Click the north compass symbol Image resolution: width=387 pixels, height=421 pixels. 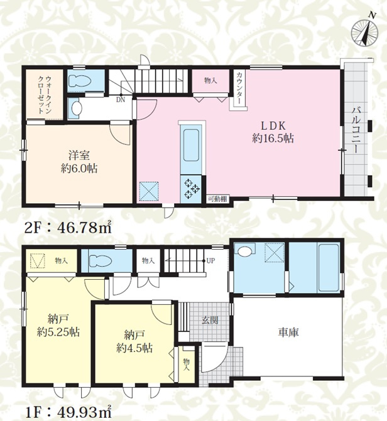click(364, 32)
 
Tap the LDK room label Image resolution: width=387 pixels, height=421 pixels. click(273, 132)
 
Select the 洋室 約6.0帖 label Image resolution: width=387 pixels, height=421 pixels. click(79, 162)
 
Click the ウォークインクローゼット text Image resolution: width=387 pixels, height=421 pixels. click(45, 95)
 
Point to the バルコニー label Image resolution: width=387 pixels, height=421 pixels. click(357, 130)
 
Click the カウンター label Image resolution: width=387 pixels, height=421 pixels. click(239, 88)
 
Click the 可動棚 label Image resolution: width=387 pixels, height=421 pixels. click(217, 199)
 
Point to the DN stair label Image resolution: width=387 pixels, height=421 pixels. click(121, 100)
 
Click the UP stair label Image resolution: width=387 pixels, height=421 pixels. click(211, 261)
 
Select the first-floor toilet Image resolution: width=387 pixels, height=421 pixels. click(100, 260)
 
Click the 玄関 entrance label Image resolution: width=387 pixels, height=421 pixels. click(210, 320)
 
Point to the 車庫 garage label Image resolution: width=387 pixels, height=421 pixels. click(288, 333)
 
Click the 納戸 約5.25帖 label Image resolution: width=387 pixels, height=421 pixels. click(58, 326)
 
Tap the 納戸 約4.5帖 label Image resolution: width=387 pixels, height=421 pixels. click(134, 341)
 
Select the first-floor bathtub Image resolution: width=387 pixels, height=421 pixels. click(329, 267)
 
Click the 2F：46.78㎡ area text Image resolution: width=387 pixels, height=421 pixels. click(68, 228)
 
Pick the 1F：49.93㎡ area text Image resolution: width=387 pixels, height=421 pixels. click(68, 413)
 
